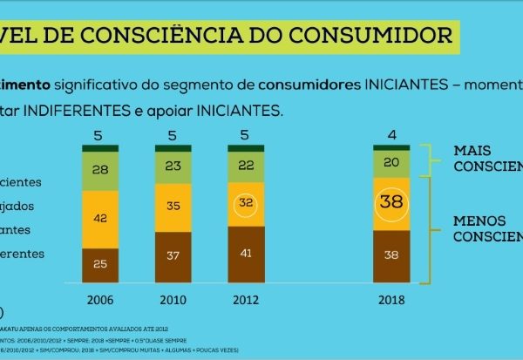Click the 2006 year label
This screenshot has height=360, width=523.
click(x=100, y=300)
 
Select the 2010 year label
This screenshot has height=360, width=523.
click(x=173, y=300)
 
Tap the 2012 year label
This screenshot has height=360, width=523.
click(x=246, y=300)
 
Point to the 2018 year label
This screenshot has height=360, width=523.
click(x=391, y=300)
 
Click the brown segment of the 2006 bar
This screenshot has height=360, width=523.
click(x=100, y=264)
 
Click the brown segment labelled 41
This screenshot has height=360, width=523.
click(x=246, y=254)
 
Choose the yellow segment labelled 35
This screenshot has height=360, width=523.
click(x=173, y=207)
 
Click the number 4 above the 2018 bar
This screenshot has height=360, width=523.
click(x=391, y=134)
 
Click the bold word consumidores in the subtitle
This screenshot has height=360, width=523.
click(x=306, y=85)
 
